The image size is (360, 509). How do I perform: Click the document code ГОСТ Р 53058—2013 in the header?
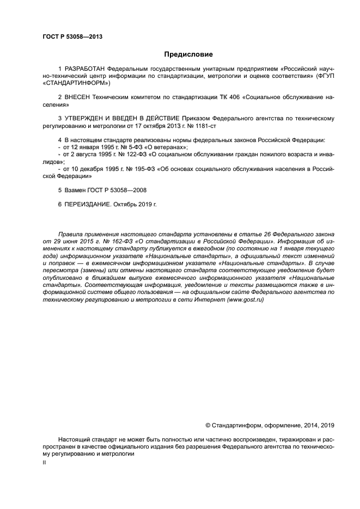click(72, 37)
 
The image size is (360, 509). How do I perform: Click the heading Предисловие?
click(188, 54)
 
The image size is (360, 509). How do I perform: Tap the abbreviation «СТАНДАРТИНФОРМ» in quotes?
click(74, 84)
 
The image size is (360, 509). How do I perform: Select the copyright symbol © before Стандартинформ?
click(208, 426)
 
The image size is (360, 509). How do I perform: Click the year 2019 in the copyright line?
click(328, 426)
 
